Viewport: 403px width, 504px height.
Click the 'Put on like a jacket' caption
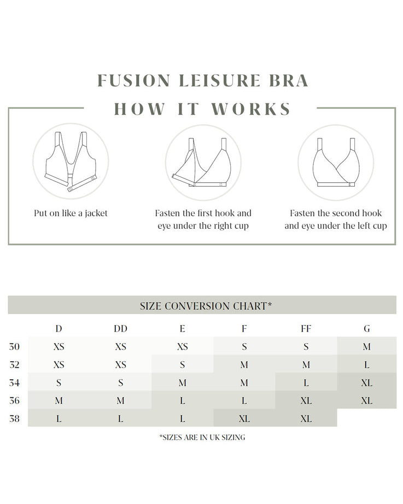(x=71, y=213)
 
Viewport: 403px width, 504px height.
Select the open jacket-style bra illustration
(x=71, y=163)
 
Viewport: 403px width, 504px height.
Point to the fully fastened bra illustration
(x=335, y=163)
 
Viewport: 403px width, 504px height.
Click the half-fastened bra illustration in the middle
(x=203, y=163)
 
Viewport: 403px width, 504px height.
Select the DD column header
(x=120, y=329)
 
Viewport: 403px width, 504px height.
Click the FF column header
(x=306, y=329)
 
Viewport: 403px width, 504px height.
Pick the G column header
(x=367, y=329)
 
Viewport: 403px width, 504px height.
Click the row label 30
(x=15, y=347)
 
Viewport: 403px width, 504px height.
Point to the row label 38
(x=15, y=419)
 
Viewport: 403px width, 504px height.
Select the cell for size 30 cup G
(x=367, y=347)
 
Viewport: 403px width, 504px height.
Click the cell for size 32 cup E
(x=182, y=365)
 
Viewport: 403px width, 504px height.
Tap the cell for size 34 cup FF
(x=306, y=383)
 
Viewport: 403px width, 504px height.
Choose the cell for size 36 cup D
(x=59, y=401)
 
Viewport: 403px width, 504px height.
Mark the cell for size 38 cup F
(x=244, y=419)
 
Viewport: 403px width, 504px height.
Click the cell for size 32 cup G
(x=367, y=365)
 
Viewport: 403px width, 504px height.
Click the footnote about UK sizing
(x=202, y=437)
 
